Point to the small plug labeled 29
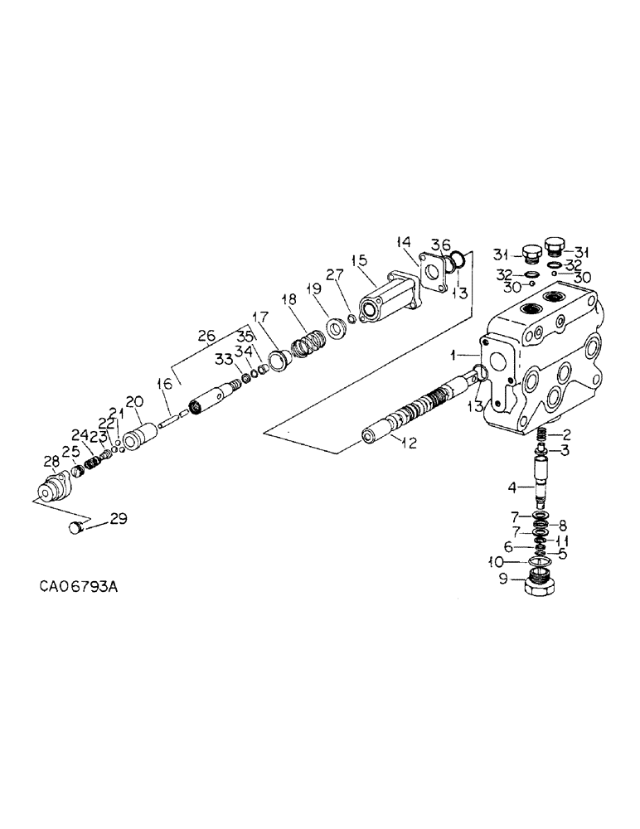point(77,526)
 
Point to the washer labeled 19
point(337,324)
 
